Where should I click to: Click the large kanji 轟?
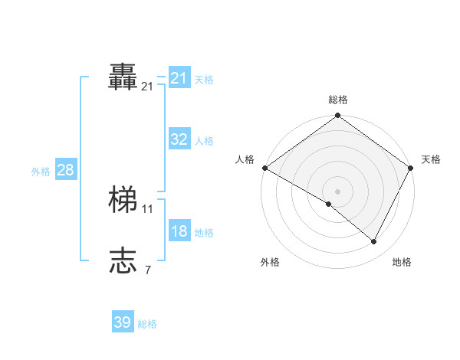pos(123,77)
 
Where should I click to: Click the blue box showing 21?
pos(179,78)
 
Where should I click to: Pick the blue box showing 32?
pos(179,139)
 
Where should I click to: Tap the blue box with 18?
pos(179,231)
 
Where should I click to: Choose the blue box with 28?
pos(65,170)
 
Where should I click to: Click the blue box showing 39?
pos(122,322)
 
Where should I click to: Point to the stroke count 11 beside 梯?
pos(148,208)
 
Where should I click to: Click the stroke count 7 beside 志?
pos(148,270)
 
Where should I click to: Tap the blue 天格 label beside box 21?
pos(204,79)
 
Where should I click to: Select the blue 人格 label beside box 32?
pos(204,141)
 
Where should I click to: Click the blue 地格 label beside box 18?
pos(204,233)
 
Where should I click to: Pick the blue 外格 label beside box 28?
pos(41,172)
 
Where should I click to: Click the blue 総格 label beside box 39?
pos(147,324)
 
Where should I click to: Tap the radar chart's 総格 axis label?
pos(337,99)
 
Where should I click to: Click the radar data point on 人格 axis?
pos(264,168)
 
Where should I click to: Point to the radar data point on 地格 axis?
pos(374,242)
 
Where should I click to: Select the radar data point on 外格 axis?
pos(329,204)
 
